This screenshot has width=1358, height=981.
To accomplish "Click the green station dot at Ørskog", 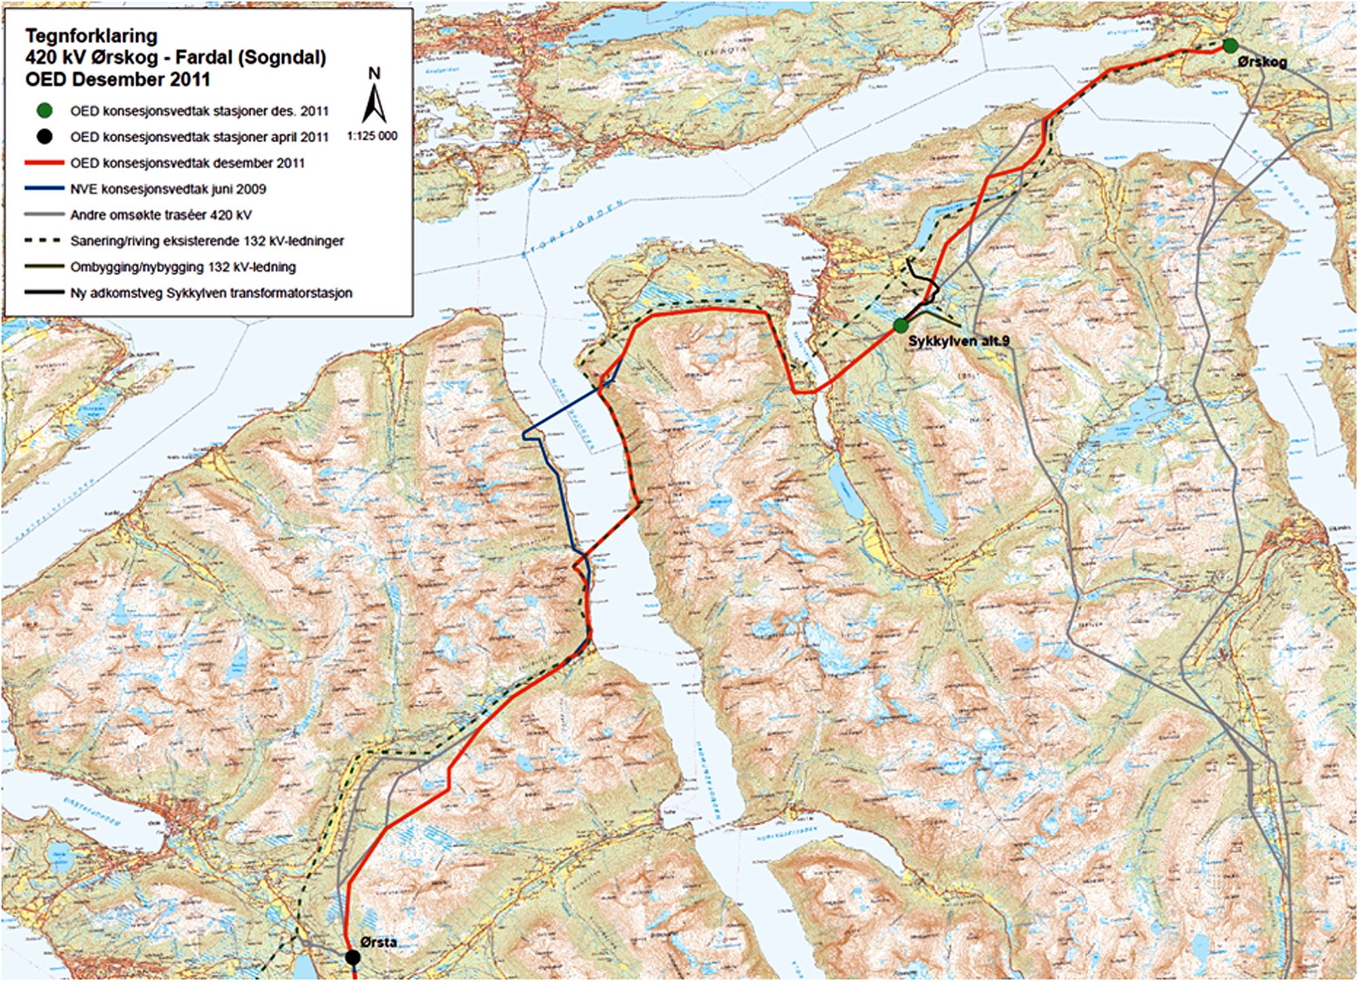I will click(x=1230, y=46).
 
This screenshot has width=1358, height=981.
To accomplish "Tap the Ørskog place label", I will click(x=1262, y=63).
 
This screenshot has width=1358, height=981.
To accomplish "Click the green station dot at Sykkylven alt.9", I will click(x=900, y=325).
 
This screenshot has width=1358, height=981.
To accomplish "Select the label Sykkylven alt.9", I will click(x=959, y=341).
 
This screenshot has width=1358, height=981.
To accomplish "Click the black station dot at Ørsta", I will click(x=352, y=957).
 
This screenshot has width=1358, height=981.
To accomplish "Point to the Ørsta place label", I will click(x=379, y=942).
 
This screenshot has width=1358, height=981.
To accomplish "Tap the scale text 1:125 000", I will click(x=372, y=136).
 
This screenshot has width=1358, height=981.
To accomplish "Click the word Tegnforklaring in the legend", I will click(x=92, y=36).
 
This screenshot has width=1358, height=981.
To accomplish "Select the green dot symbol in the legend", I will click(x=45, y=111).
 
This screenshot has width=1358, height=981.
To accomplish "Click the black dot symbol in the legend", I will click(x=45, y=137).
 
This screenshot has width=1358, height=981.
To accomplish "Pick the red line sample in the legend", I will click(x=45, y=163).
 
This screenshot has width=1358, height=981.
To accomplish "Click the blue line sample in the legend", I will click(x=45, y=189).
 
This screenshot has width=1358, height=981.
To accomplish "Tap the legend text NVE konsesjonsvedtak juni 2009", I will click(x=168, y=189).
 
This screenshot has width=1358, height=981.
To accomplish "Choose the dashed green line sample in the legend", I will click(x=45, y=241).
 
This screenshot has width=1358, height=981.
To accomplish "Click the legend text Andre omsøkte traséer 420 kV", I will click(x=161, y=215).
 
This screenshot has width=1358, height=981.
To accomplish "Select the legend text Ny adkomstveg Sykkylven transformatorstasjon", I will click(x=211, y=293).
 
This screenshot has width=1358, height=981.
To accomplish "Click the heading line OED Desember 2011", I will click(x=117, y=79).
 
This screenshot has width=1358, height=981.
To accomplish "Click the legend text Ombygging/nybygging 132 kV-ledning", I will click(x=183, y=267).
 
